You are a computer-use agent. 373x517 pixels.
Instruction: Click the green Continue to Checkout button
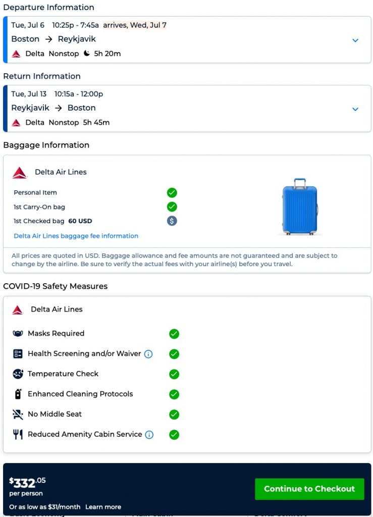[309, 489]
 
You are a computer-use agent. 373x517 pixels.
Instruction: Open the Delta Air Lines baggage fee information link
[76, 236]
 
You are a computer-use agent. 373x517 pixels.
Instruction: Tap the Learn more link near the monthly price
[103, 506]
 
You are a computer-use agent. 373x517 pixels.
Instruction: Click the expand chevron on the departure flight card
[355, 40]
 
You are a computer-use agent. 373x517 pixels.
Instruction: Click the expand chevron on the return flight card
[355, 109]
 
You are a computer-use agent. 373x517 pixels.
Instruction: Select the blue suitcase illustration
[300, 206]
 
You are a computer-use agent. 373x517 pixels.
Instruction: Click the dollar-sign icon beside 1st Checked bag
[172, 221]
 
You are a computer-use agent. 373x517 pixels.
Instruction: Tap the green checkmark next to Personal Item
[172, 192]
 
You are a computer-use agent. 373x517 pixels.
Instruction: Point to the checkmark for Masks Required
[174, 334]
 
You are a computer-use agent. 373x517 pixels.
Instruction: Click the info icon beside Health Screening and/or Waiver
[148, 354]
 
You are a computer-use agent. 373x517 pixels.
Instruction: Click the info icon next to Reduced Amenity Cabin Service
[149, 435]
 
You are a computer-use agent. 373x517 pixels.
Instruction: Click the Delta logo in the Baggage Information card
[20, 173]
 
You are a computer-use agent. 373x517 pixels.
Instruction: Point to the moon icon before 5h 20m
[87, 54]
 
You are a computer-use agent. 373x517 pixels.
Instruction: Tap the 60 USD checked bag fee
[80, 221]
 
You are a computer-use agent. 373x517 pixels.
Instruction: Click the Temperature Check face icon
[18, 374]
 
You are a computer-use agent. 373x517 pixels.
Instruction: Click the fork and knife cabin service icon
[18, 435]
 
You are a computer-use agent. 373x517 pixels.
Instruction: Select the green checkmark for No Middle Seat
[174, 415]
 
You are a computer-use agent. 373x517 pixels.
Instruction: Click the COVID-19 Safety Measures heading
[55, 286]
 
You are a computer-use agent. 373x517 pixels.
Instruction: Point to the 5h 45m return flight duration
[96, 122]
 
